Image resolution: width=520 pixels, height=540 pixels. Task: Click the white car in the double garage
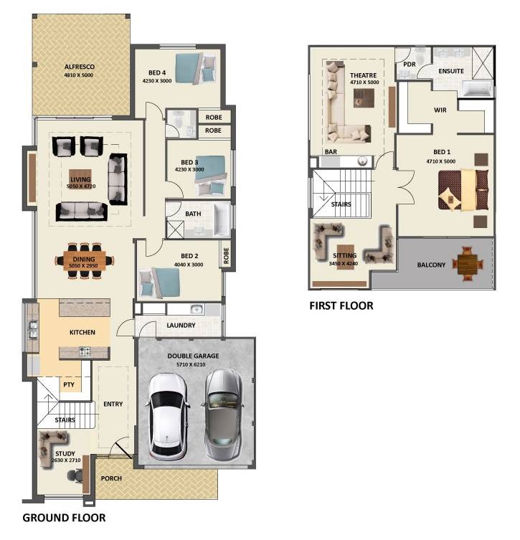pos(169,417)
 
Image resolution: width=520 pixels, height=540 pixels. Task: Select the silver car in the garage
pos(224,415)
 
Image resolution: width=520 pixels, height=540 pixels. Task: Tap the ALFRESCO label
pos(80,67)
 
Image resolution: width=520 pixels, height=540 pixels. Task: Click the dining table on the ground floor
pos(85,261)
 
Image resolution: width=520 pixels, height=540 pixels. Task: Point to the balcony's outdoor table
pos(468,264)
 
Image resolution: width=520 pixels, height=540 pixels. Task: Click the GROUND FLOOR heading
pos(64,518)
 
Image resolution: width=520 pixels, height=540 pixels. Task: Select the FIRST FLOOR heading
pos(341,305)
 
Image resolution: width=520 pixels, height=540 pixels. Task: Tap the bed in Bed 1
pos(463,190)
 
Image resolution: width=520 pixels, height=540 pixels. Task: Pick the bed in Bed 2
pos(160,283)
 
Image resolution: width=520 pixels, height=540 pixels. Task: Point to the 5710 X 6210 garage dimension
pos(191,364)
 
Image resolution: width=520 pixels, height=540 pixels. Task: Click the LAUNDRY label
pos(181,326)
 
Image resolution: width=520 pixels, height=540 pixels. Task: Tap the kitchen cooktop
pos(85,351)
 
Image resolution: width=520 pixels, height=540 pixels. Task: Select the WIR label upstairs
pos(440,110)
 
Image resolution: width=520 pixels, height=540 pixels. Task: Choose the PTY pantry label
pos(69,384)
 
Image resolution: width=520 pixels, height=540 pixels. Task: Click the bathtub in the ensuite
pos(477,88)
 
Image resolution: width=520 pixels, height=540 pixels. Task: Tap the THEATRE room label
pos(364,75)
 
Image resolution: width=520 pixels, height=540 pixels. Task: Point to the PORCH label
pos(111,478)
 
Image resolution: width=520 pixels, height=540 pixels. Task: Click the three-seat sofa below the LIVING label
pos(82,212)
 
